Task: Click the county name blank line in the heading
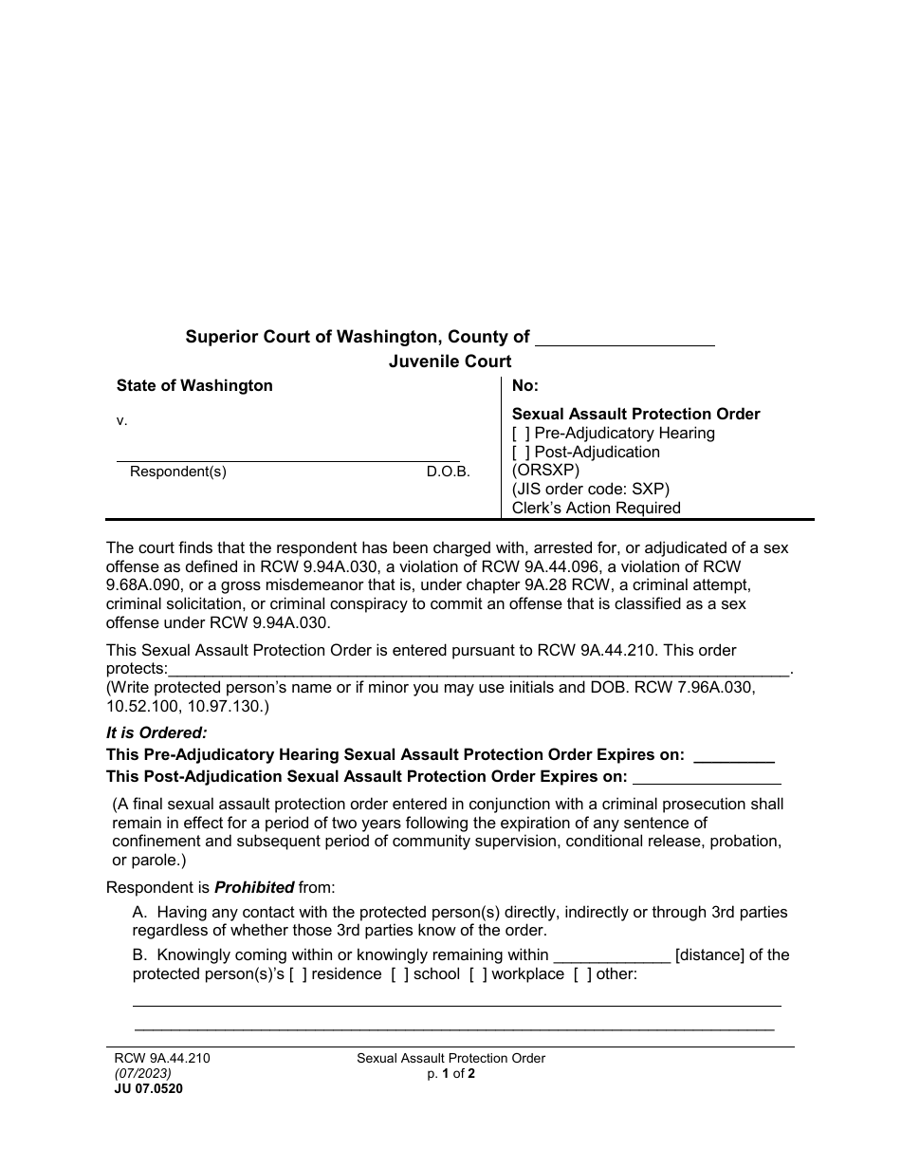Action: (x=625, y=340)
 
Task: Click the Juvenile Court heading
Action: (x=450, y=361)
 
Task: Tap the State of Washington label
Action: (x=194, y=386)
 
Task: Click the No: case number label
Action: (x=525, y=386)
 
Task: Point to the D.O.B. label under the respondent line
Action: (x=448, y=472)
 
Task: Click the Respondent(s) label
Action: (x=178, y=472)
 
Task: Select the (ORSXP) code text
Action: (x=545, y=471)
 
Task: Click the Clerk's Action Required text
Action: (x=597, y=508)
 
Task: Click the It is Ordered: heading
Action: (x=156, y=732)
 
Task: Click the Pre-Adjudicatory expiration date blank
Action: (x=734, y=756)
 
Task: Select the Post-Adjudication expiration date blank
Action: (x=706, y=778)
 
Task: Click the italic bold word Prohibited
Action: (x=254, y=888)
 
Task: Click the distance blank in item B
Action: (x=611, y=956)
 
